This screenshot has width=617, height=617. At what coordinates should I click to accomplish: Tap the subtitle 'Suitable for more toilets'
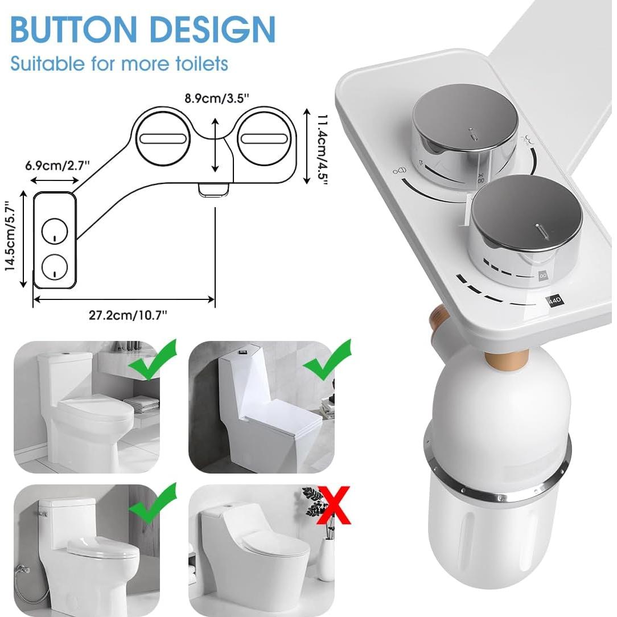(x=119, y=63)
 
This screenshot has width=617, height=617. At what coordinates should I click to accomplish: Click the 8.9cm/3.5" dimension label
(x=217, y=98)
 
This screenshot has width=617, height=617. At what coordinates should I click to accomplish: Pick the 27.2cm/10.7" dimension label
(x=127, y=315)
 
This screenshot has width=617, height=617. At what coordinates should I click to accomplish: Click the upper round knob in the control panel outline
(x=55, y=230)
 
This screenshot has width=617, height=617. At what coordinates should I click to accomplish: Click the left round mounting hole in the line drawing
(x=164, y=139)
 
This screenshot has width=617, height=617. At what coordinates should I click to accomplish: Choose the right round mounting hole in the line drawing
(x=264, y=138)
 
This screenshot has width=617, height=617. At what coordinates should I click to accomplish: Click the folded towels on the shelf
(x=141, y=404)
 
